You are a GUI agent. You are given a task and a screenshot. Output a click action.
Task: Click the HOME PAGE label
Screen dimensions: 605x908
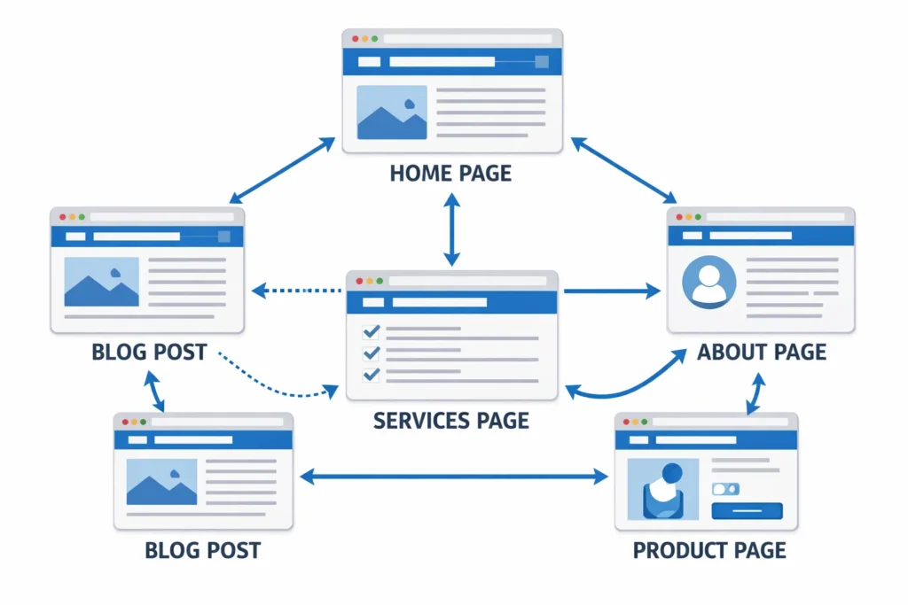click(x=450, y=172)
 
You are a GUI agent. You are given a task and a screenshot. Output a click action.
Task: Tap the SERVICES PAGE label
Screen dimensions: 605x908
click(x=450, y=419)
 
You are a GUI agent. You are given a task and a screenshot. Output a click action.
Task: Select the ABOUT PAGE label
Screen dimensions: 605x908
click(x=762, y=352)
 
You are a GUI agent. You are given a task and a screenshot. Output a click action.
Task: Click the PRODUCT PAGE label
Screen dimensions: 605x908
click(x=709, y=550)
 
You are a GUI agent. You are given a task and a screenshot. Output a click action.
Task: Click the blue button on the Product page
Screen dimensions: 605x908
click(x=747, y=510)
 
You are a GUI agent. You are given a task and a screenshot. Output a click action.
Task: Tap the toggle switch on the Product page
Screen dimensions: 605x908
click(x=724, y=489)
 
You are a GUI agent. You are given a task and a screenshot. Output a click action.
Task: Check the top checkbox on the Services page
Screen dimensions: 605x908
click(x=372, y=331)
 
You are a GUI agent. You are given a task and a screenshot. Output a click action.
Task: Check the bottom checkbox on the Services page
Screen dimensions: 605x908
click(x=372, y=374)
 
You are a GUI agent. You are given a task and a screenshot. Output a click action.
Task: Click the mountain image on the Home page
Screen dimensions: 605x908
click(x=391, y=112)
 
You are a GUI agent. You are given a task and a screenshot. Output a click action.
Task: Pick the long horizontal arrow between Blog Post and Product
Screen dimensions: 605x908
click(x=454, y=477)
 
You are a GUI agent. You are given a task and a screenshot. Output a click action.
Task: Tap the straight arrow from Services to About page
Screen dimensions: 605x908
click(x=612, y=290)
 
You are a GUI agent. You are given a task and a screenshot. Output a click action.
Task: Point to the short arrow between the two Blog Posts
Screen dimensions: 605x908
click(x=154, y=391)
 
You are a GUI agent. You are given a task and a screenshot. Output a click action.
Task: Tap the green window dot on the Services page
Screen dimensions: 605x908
click(x=380, y=281)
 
